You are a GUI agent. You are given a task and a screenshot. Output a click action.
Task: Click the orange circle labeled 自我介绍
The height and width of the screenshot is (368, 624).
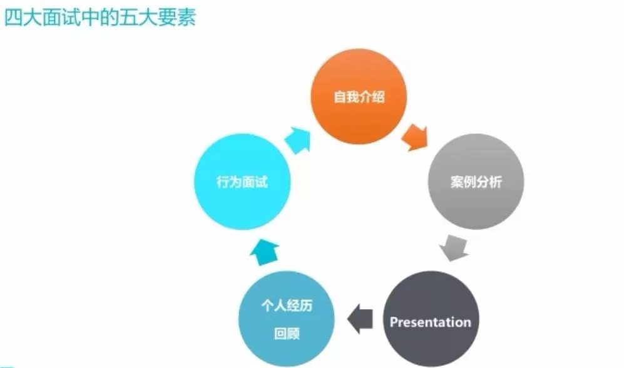tap(359, 97)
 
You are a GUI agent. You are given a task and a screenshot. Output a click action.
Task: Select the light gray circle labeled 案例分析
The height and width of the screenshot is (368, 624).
tap(475, 181)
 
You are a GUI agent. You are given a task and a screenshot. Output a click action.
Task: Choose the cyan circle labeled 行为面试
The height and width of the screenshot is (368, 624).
tap(242, 182)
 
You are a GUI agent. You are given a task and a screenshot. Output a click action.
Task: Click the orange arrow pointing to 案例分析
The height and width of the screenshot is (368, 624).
tap(414, 137)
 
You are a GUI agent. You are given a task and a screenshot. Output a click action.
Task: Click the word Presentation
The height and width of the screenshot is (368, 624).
tap(431, 322)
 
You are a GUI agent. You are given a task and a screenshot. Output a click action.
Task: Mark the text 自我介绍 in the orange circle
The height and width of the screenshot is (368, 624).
tap(359, 98)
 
